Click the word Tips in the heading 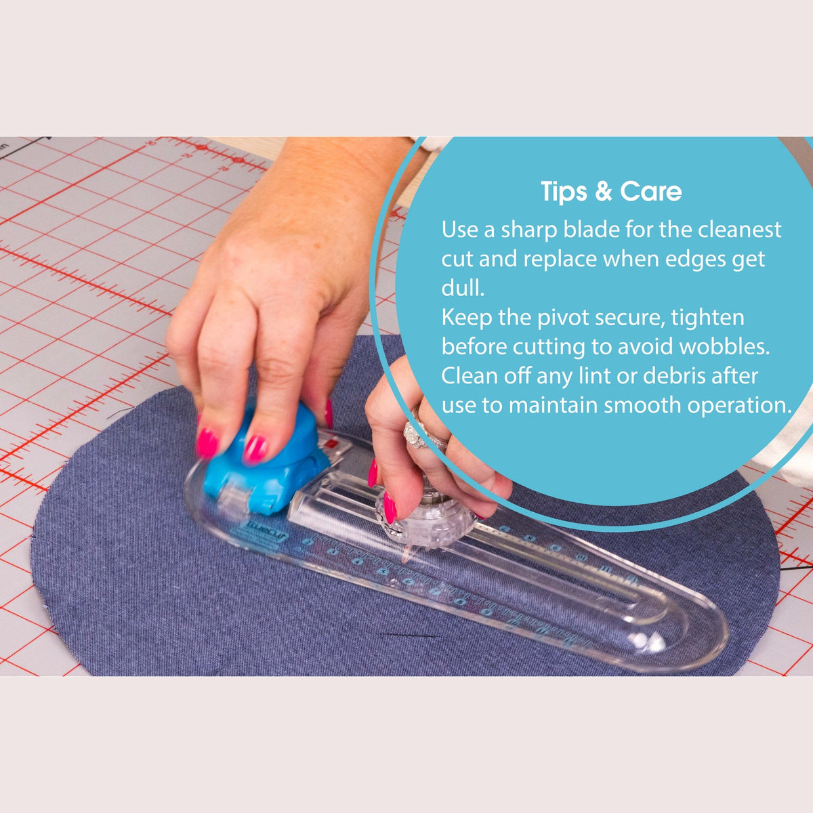[x=564, y=192]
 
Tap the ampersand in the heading [x=603, y=192]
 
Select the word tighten [x=705, y=318]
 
